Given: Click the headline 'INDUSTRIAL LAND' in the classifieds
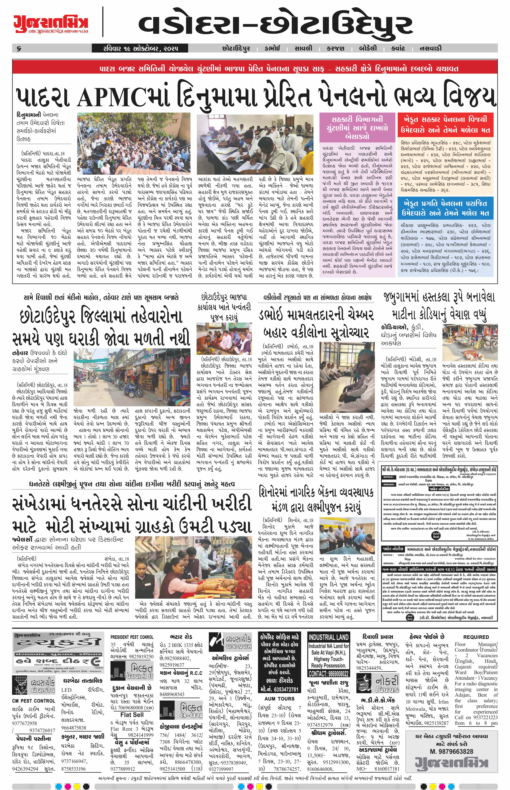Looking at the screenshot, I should coord(328,637).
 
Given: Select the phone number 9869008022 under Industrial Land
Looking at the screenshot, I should coord(328,673).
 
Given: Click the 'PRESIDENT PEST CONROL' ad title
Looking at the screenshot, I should coord(132,637).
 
